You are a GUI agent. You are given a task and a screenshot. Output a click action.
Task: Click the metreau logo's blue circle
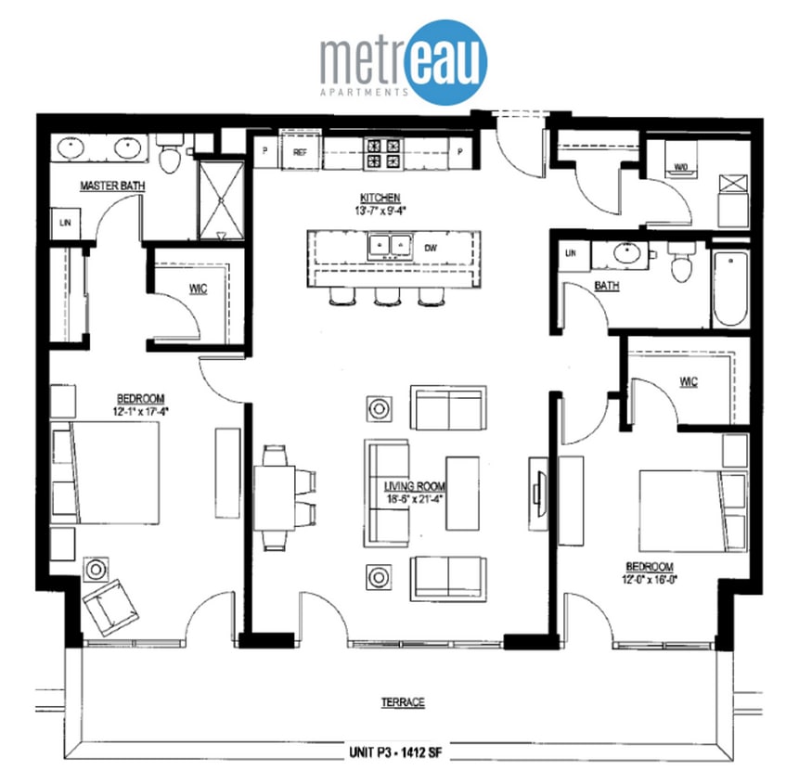point(449,61)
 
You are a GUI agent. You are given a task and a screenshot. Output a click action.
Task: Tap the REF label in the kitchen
point(300,151)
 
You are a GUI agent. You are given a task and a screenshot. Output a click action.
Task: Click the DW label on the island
point(430,248)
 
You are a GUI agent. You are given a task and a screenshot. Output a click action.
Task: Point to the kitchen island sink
point(390,246)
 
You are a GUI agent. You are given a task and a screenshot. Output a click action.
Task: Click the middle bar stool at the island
point(383,296)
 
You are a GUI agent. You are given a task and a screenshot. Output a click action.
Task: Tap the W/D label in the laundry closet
point(680,168)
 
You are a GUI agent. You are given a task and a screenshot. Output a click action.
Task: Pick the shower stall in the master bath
point(220,199)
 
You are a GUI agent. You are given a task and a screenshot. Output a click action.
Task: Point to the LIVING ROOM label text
point(415,486)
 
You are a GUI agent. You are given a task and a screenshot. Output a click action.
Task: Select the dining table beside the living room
point(276,498)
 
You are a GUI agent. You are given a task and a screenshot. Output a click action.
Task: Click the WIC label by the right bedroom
point(688,381)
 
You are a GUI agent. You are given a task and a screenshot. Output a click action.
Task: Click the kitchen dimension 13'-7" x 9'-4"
point(380,210)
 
